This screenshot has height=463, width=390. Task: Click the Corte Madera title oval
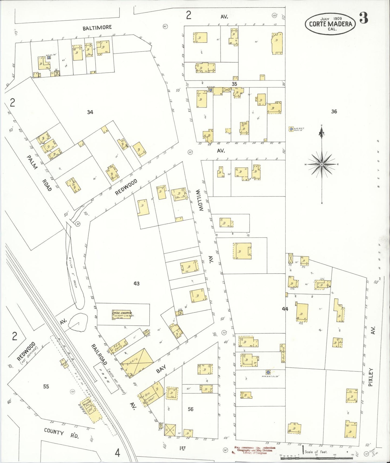[330, 24]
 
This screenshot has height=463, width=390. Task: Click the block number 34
[90, 112]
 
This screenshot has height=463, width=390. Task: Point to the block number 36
[334, 111]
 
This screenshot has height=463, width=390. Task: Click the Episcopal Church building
[121, 314]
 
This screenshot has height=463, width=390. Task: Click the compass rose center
[322, 164]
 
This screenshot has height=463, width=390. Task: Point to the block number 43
[137, 283]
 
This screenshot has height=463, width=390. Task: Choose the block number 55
[46, 386]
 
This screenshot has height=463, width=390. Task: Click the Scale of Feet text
[316, 451]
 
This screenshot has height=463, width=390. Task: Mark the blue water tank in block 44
[268, 372]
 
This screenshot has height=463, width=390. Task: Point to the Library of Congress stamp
[254, 450]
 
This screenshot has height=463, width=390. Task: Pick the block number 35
[234, 84]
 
